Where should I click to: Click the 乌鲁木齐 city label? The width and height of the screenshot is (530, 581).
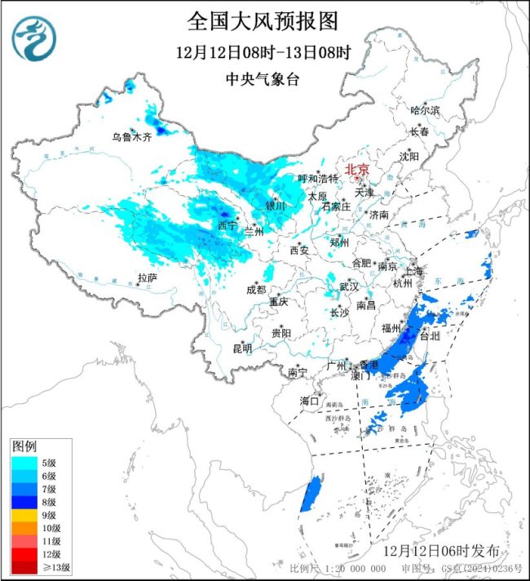[131, 137]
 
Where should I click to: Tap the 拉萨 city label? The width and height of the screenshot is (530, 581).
[147, 278]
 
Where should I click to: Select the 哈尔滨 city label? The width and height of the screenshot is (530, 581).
[424, 110]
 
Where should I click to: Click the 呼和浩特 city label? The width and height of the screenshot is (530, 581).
[317, 179]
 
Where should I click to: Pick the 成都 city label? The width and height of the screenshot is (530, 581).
[255, 290]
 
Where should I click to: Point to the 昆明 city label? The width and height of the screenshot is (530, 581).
[242, 348]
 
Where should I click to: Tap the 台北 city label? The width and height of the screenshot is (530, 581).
[428, 335]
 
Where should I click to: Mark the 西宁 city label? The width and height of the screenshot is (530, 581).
[227, 224]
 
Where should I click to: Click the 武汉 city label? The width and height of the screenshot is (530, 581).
[349, 286]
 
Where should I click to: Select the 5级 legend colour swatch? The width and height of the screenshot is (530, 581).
[24, 462]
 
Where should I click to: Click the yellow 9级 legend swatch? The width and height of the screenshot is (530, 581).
[24, 515]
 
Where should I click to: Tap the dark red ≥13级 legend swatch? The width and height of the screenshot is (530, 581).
[24, 567]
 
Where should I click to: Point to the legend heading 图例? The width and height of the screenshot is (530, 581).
[24, 446]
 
